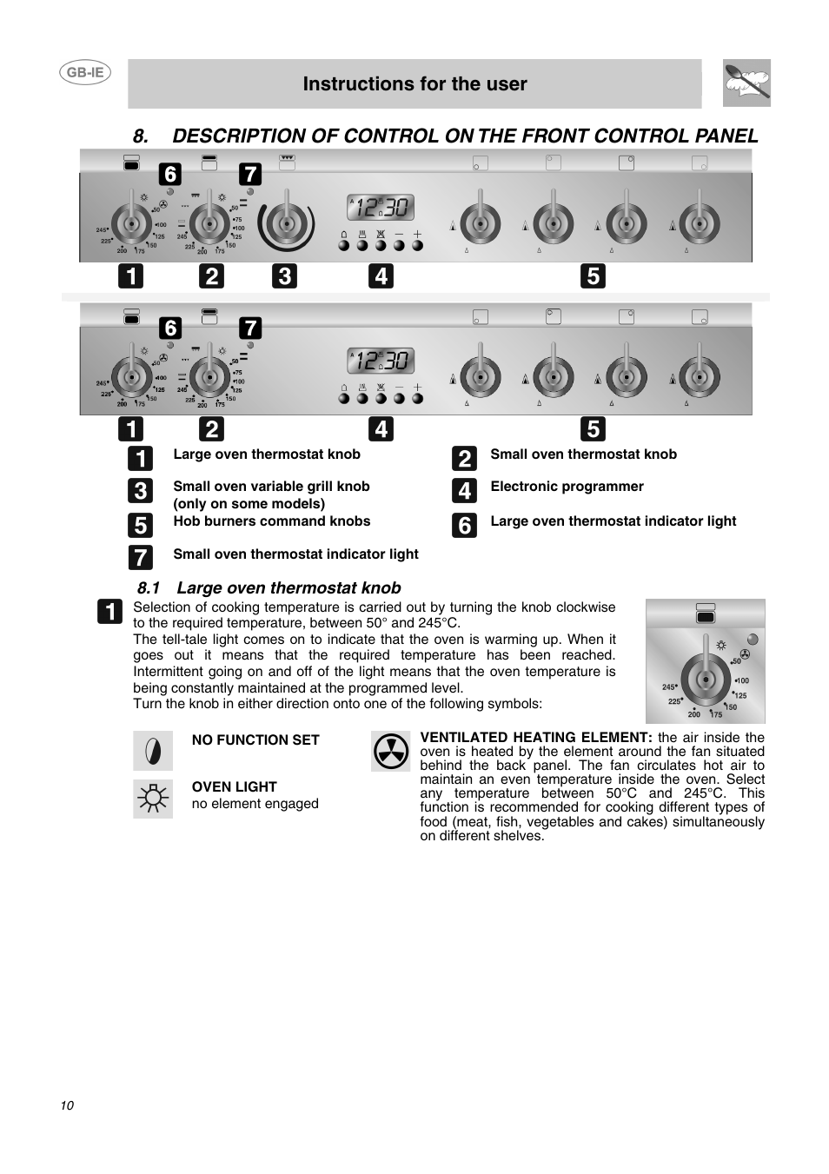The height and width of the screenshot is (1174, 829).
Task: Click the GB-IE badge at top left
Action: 85,73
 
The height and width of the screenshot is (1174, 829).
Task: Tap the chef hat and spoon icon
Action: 746,83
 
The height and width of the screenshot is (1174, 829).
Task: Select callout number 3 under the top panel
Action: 283,276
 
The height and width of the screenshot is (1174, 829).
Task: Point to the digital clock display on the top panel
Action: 381,208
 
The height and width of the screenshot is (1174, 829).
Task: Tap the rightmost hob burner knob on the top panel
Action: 699,223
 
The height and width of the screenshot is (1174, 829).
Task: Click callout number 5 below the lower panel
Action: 593,428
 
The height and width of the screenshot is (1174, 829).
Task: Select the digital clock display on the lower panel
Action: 381,361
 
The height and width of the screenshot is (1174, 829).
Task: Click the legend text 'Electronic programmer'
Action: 567,487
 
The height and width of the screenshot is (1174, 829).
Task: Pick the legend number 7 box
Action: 140,557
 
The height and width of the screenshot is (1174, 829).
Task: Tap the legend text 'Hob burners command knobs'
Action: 271,521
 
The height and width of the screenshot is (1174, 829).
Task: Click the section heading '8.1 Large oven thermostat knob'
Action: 269,588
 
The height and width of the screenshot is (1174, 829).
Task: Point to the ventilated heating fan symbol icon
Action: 391,751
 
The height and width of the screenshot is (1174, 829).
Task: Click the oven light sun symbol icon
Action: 153,798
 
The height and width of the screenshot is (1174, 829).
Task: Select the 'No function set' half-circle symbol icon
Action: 153,751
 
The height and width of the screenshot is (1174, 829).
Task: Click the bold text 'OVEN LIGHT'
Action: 234,787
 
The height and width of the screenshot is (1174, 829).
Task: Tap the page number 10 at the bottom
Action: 67,1105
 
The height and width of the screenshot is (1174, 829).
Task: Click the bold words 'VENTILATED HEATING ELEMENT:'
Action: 535,738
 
